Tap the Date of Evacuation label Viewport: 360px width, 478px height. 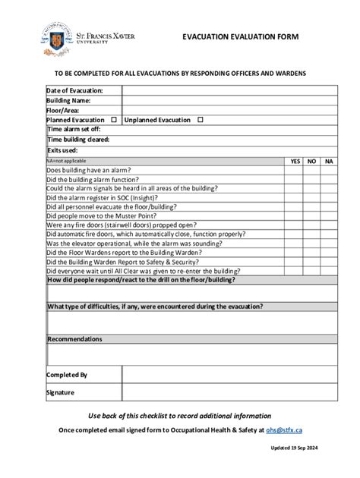[x=74, y=90]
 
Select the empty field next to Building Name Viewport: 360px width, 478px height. [x=229, y=100]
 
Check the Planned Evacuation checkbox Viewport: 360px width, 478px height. [x=114, y=120]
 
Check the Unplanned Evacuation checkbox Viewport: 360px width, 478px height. [x=201, y=120]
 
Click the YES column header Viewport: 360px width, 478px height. [x=295, y=161]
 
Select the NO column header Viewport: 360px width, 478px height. [x=311, y=161]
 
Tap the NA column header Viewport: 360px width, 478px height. [x=329, y=161]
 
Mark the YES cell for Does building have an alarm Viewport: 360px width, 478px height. [x=295, y=171]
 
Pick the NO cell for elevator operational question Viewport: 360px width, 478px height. [x=311, y=244]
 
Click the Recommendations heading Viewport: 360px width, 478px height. [x=74, y=339]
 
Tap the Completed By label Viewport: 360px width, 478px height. [x=67, y=375]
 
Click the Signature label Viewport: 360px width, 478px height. [x=60, y=392]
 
